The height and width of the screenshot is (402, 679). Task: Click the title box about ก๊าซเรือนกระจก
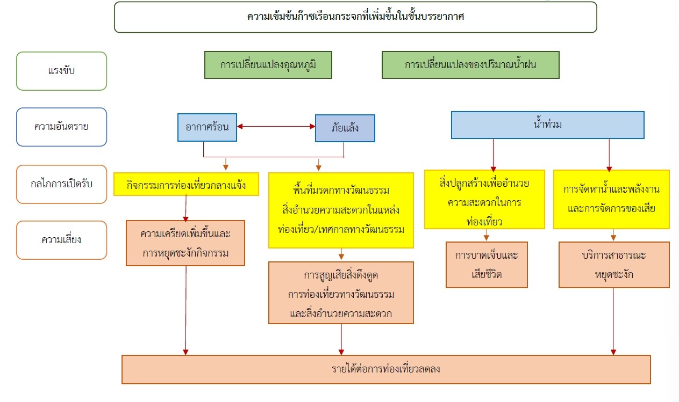355,17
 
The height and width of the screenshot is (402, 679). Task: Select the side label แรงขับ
61,71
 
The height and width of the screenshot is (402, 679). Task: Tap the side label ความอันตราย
61,127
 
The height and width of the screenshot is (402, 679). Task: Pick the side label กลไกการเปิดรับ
61,184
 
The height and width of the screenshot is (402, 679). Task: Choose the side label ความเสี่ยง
61,240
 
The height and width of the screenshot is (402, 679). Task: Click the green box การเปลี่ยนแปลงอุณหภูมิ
268,65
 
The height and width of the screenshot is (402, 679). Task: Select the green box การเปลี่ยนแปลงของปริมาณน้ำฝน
470,65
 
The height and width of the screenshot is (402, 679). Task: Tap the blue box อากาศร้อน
208,127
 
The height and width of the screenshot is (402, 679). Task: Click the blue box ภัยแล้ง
345,128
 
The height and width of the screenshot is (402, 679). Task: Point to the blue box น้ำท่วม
548,125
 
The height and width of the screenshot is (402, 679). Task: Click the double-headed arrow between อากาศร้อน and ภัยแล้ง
276,127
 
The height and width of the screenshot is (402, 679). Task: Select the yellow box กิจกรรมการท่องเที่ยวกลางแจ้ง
186,184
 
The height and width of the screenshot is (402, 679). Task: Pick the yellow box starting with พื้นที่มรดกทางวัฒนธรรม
341,210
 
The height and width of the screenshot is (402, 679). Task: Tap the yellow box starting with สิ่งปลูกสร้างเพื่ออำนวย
484,200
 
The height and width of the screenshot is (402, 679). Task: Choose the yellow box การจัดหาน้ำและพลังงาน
611,200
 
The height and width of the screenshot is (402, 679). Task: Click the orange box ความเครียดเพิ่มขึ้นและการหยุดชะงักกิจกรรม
185,243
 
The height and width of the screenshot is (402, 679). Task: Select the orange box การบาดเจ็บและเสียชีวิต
487,265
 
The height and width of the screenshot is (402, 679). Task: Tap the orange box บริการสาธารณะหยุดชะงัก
614,265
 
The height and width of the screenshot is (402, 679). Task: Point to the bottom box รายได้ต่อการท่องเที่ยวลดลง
386,370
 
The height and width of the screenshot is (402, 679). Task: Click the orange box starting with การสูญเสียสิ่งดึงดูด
341,293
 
